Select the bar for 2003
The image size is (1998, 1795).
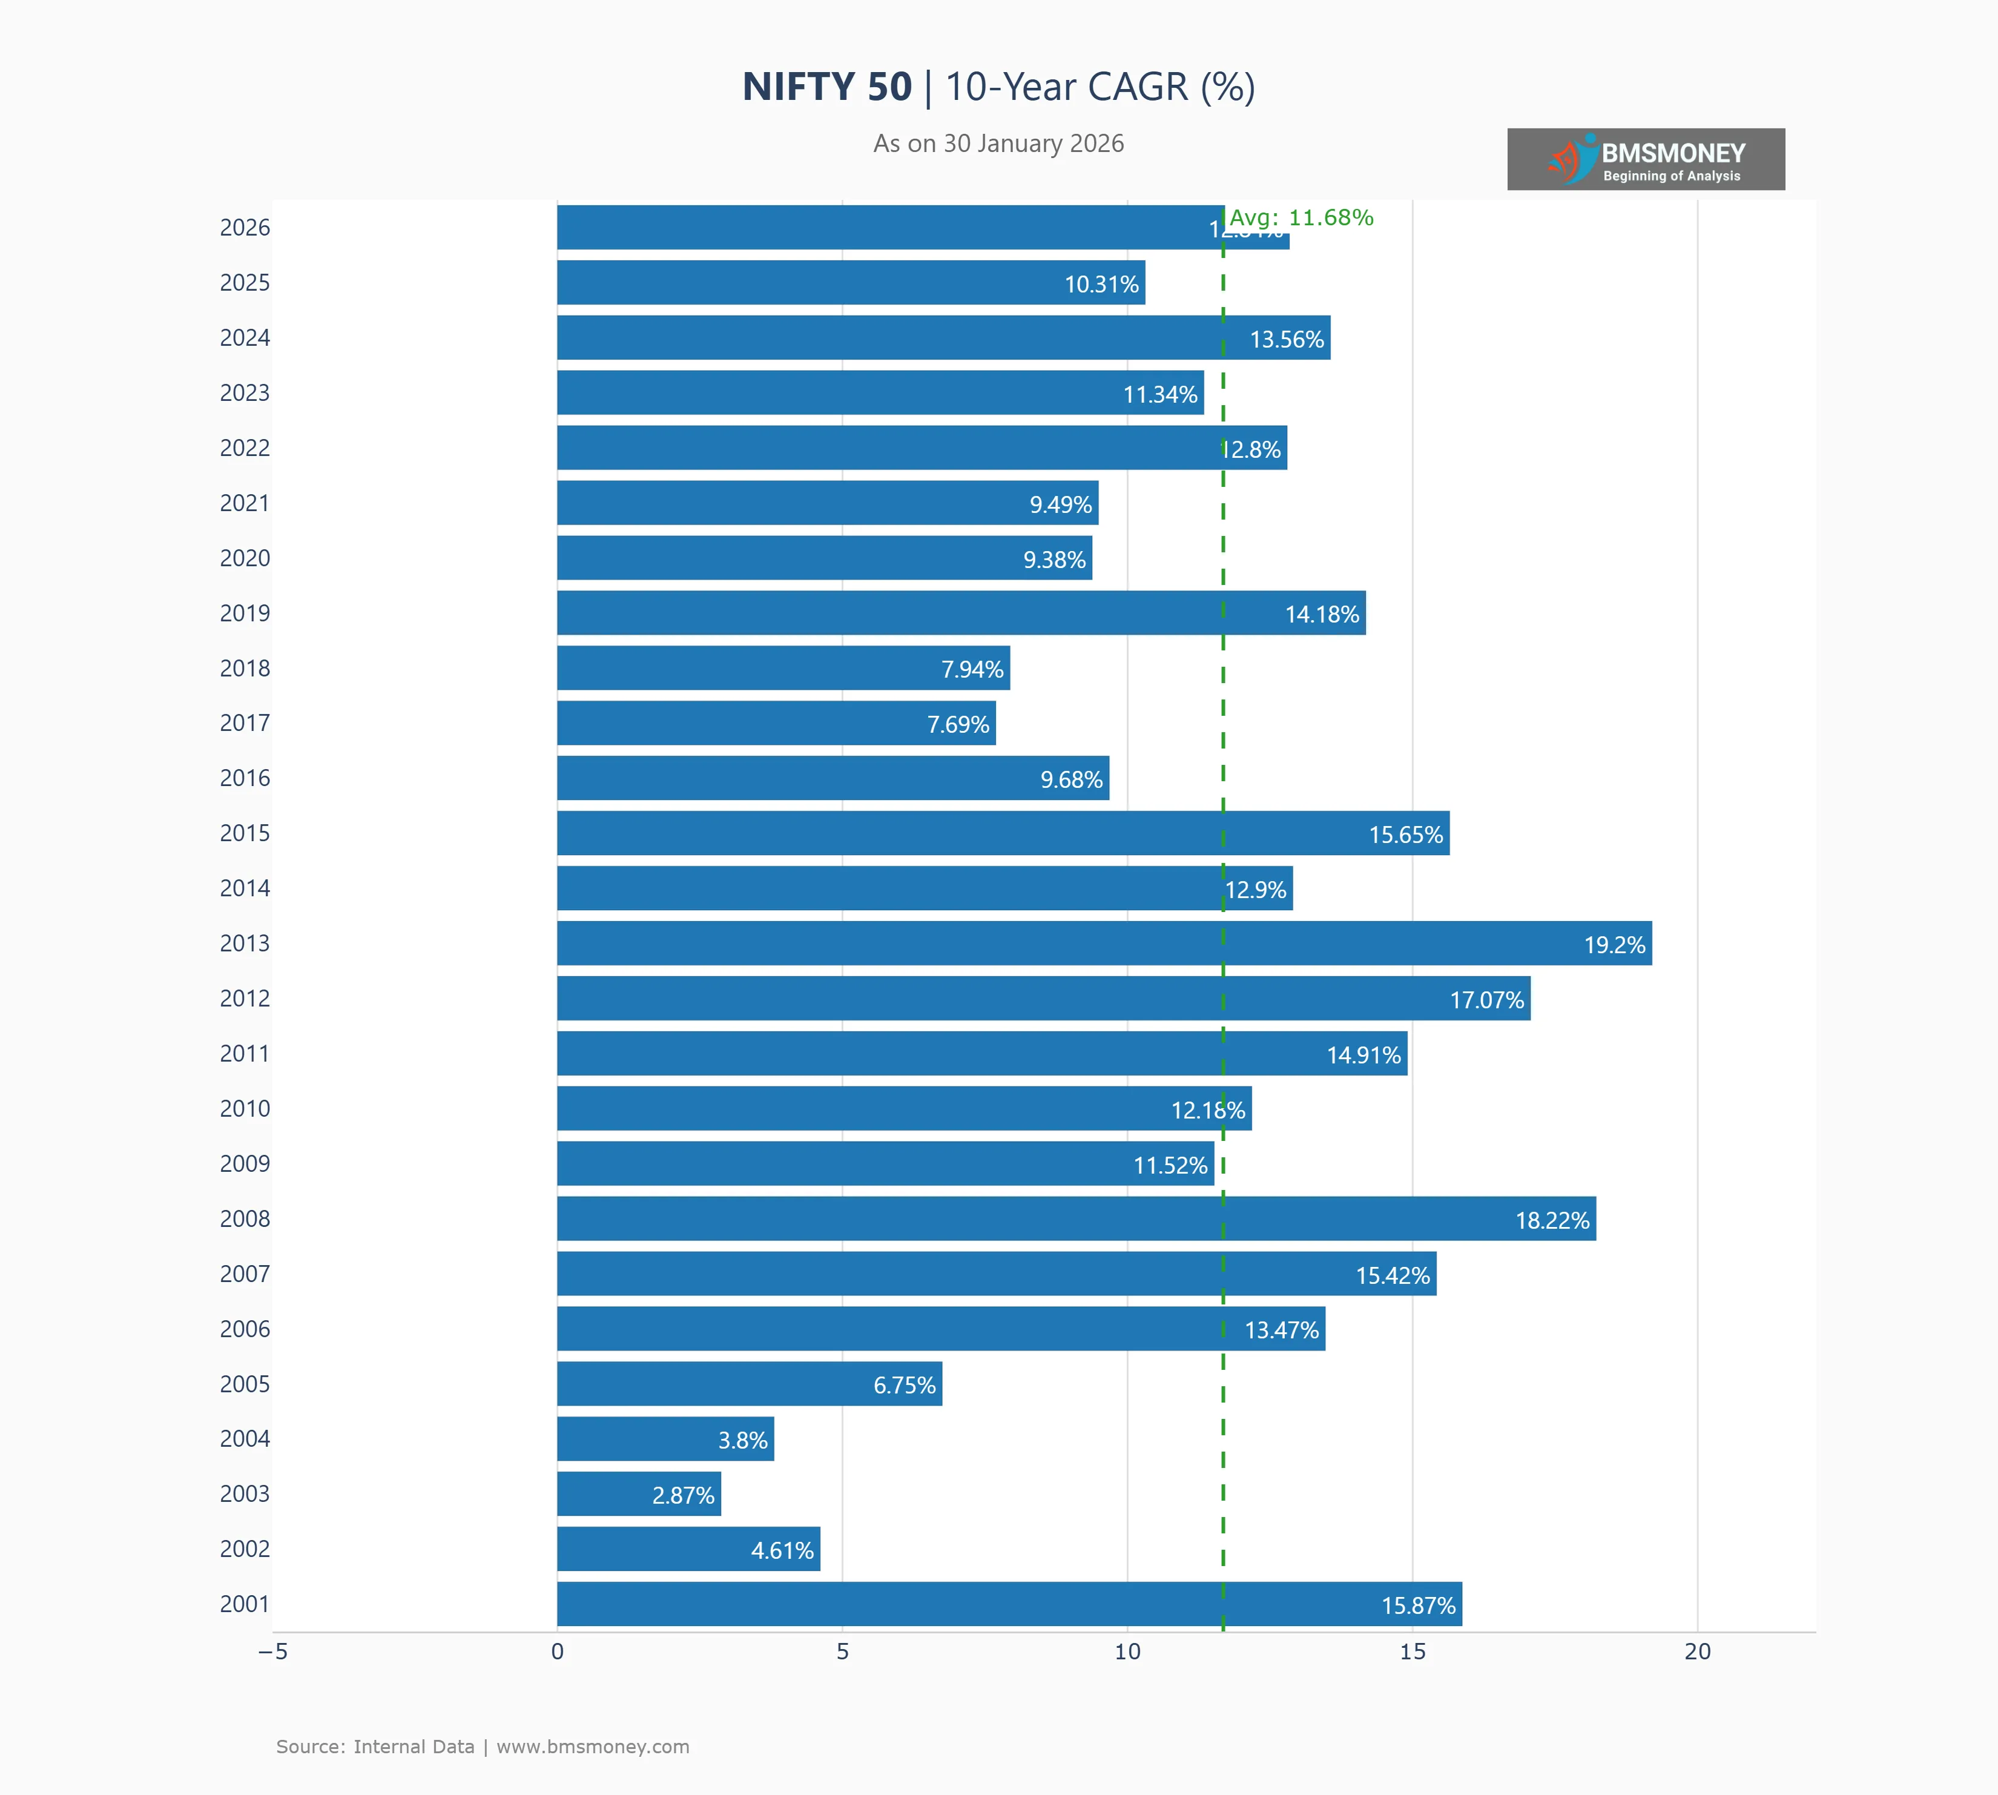[x=639, y=1493]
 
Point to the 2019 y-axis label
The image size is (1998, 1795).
[x=245, y=613]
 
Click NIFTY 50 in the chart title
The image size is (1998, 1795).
[x=826, y=87]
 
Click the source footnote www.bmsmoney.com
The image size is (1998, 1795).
[x=593, y=1747]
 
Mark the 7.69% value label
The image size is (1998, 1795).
[x=958, y=725]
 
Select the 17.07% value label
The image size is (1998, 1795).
[x=1486, y=1000]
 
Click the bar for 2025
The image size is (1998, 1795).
[x=850, y=282]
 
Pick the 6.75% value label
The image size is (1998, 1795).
[x=905, y=1385]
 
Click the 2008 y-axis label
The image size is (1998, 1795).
[x=245, y=1219]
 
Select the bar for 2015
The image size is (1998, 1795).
[x=1003, y=833]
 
